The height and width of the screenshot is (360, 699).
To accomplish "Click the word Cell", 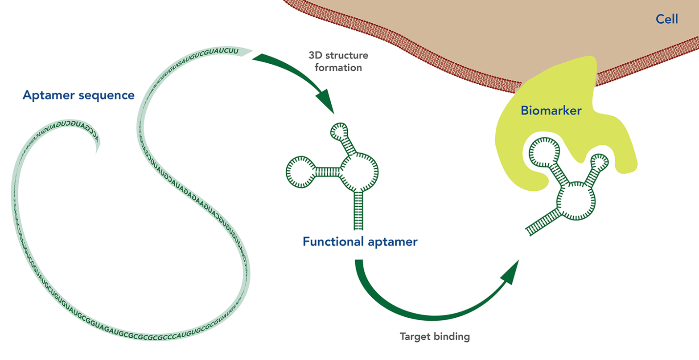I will coord(666,19).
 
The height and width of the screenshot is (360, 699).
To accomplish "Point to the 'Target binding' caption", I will coord(435,336).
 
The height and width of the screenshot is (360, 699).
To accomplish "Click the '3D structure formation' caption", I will coord(338,62).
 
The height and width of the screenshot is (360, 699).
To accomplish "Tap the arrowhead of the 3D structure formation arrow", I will coord(327,102).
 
